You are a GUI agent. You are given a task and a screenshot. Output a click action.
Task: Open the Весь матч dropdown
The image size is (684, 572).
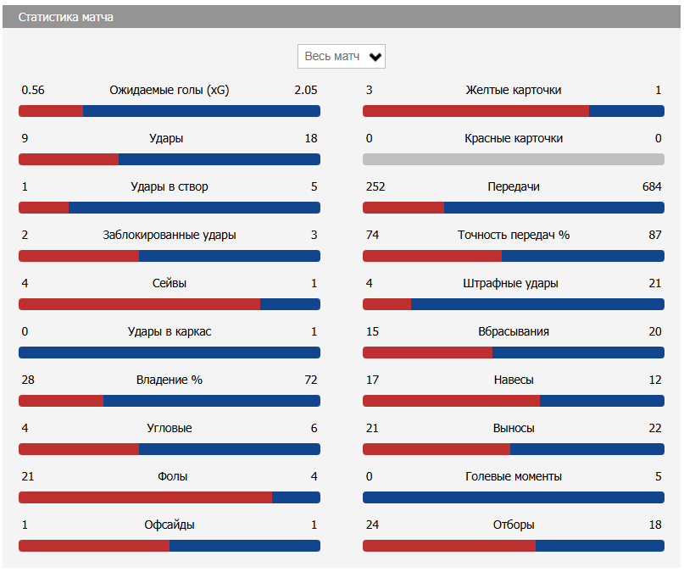click(x=342, y=57)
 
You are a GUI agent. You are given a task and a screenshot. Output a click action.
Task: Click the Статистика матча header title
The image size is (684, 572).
click(x=66, y=17)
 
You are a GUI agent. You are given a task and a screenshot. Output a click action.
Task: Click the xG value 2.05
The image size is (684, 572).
click(x=305, y=90)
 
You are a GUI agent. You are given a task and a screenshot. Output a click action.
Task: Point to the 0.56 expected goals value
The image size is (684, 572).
click(x=33, y=90)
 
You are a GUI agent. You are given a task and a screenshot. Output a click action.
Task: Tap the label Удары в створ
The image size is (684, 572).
click(x=170, y=186)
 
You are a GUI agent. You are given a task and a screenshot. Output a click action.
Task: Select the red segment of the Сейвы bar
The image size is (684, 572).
click(x=139, y=304)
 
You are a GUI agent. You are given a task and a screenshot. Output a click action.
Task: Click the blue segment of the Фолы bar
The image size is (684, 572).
click(x=296, y=497)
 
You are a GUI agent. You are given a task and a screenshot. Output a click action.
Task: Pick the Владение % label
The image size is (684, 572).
click(x=170, y=380)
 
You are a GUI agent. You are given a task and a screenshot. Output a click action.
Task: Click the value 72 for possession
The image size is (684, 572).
click(x=310, y=380)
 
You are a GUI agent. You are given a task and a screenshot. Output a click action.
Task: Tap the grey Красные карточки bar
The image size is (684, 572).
click(x=513, y=159)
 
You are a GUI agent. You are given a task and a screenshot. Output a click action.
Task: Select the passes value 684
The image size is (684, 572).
click(x=652, y=186)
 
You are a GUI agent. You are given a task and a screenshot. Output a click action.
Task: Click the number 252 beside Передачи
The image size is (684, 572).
click(x=375, y=186)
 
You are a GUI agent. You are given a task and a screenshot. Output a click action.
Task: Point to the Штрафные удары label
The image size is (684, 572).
click(x=513, y=283)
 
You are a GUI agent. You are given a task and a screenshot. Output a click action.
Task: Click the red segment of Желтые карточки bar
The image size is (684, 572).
click(x=475, y=111)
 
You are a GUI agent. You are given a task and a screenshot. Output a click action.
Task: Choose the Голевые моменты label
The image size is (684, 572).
click(x=513, y=476)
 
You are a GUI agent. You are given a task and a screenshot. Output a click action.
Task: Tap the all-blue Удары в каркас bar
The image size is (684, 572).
click(x=170, y=353)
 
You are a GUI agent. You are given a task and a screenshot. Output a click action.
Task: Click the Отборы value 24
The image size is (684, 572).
click(x=372, y=525)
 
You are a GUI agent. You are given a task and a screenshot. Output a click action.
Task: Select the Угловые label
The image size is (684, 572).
click(x=170, y=428)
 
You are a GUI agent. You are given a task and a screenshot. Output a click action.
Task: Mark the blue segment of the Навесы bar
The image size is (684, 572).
click(x=602, y=401)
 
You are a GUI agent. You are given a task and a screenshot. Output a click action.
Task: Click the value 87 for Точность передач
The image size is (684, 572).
click(x=654, y=235)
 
